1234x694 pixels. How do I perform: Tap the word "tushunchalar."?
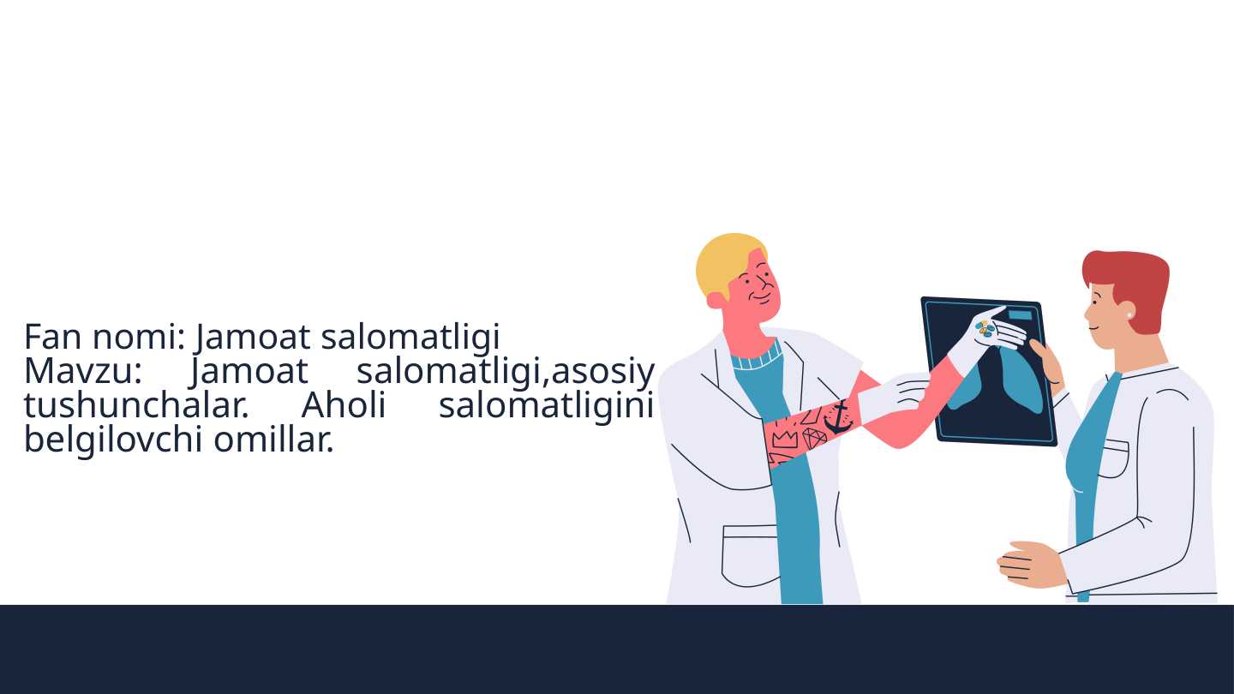[x=136, y=405]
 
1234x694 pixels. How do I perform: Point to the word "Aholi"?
[x=343, y=405]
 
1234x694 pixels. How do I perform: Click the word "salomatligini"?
[x=546, y=405]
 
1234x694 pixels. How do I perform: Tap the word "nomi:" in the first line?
[x=139, y=337]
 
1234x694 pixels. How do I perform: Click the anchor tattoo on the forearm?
[x=837, y=416]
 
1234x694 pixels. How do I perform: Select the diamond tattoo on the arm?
[x=814, y=439]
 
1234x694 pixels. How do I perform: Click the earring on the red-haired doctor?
[x=1129, y=315]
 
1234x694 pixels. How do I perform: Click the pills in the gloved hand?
[x=986, y=328]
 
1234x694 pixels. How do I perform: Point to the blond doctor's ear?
[x=716, y=300]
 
